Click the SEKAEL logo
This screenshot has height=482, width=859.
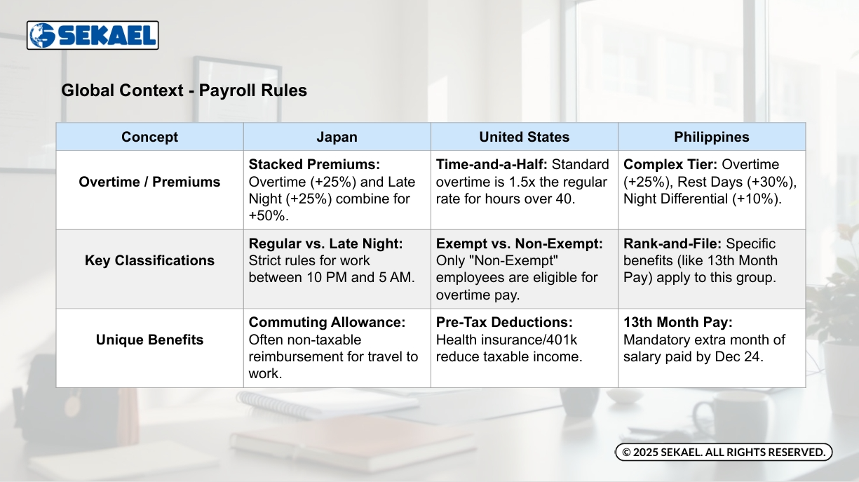tap(93, 35)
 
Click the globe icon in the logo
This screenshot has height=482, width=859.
tap(43, 35)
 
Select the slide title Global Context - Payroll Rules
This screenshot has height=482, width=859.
tap(184, 91)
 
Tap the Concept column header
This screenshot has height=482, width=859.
tap(149, 137)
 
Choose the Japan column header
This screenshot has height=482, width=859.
tap(337, 137)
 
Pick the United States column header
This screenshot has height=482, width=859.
tap(525, 137)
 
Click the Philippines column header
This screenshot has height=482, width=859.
tap(712, 137)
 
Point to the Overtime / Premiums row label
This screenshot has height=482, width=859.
tap(149, 182)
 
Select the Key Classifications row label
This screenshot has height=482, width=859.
tap(149, 260)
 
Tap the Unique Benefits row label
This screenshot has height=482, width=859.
tap(149, 340)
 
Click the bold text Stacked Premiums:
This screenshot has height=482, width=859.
tap(314, 165)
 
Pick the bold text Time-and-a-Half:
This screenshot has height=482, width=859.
tap(492, 165)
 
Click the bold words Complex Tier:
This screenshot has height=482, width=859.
tap(670, 165)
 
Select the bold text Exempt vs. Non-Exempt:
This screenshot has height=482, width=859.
tap(519, 243)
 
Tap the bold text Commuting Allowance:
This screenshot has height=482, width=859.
tap(327, 322)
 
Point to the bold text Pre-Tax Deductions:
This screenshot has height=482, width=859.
tap(504, 322)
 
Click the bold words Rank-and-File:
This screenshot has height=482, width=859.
tap(672, 243)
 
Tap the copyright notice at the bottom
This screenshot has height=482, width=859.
tap(724, 452)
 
